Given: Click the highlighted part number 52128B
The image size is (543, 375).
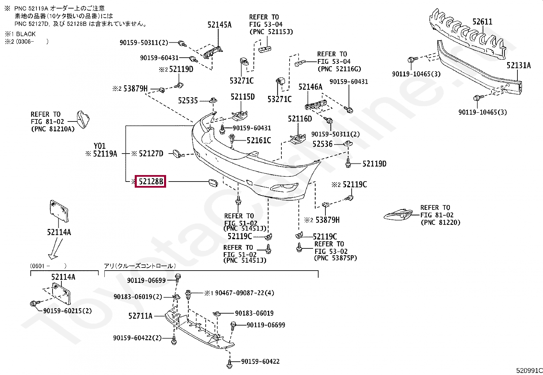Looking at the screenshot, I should pyautogui.click(x=150, y=182).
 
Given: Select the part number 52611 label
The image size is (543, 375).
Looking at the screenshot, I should pyautogui.click(x=482, y=22).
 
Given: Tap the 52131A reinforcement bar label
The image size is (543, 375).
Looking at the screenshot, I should pyautogui.click(x=518, y=66).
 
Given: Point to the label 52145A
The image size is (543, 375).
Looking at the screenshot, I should pyautogui.click(x=219, y=25).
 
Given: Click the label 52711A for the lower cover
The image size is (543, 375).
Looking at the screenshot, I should pyautogui.click(x=140, y=316).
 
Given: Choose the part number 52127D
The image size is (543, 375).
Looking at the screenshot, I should pyautogui.click(x=151, y=154).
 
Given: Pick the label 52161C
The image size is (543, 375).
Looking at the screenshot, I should pyautogui.click(x=259, y=140).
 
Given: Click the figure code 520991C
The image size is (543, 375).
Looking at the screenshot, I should pyautogui.click(x=529, y=371).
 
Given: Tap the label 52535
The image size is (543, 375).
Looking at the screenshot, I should pyautogui.click(x=188, y=101).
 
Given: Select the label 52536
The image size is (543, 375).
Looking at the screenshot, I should pyautogui.click(x=322, y=144).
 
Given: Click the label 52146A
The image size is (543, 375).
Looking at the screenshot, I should pyautogui.click(x=310, y=87).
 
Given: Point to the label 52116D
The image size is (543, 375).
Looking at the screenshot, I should pyautogui.click(x=299, y=119).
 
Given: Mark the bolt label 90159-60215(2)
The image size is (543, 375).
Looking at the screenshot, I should pyautogui.click(x=68, y=311).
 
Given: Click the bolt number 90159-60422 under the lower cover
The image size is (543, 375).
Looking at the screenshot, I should pyautogui.click(x=260, y=361).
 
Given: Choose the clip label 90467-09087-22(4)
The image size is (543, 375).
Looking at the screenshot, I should pyautogui.click(x=244, y=293).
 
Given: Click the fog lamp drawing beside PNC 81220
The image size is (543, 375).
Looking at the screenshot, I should pyautogui.click(x=398, y=215).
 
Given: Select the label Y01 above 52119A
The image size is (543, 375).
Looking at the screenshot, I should pyautogui.click(x=100, y=146).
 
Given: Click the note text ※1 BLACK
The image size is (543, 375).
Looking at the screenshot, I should pyautogui.click(x=20, y=34).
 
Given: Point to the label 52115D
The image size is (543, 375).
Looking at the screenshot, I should pyautogui.click(x=243, y=97).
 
